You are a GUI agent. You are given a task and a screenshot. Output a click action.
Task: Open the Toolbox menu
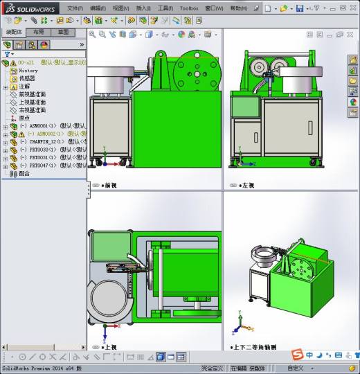(x=188, y=8)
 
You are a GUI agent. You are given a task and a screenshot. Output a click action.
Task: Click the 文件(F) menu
(x=75, y=8)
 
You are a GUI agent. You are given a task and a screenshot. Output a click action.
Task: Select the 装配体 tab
(x=14, y=32)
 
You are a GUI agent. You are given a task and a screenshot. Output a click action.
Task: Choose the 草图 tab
(x=63, y=32)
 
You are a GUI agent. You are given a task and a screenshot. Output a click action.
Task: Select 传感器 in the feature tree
(x=28, y=78)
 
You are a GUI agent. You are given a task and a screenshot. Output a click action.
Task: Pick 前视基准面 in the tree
(x=32, y=94)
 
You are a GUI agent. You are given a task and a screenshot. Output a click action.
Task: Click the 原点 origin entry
(x=24, y=118)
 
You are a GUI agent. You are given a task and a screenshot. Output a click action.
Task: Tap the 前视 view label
(x=109, y=186)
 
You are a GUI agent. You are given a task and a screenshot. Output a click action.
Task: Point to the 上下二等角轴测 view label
(x=256, y=346)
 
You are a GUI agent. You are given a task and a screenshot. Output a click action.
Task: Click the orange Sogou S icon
(x=297, y=355)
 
